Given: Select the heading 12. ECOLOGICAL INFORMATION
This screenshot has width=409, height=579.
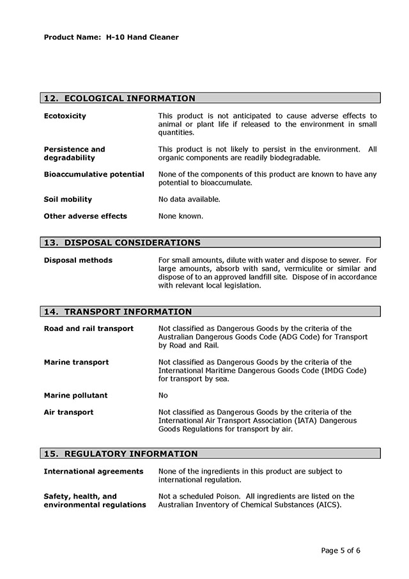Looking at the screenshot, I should coord(120,98).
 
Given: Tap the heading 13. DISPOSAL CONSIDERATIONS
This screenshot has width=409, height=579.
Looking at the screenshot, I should coord(122,243).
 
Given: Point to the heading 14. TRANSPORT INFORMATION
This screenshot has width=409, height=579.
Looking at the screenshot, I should coord(118,312).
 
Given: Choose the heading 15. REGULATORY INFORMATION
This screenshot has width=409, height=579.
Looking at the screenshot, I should coord(121,454).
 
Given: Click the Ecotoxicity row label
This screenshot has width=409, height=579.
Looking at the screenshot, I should coord(65,116).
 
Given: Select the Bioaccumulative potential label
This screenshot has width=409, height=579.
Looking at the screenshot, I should coord(94,174).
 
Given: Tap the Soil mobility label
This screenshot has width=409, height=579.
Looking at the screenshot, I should coord(68,199).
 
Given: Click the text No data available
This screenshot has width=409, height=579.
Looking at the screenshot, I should coord(189,199).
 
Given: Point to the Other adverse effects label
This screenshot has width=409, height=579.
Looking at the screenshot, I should coord(85,216).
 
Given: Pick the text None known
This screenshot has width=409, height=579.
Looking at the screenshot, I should coord(181,216).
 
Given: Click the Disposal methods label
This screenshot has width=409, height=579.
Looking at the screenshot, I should coord(78,260).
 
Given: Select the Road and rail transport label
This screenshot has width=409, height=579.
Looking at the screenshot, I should coord(88,328).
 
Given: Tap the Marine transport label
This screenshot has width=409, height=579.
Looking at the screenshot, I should coord(76,362).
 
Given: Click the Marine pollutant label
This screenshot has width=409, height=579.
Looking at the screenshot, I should coord(75,395).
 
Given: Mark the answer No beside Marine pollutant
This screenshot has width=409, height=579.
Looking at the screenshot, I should coord(163,395).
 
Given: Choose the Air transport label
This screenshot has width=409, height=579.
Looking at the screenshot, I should coord(68,412).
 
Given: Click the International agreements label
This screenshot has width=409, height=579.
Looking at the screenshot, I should coord(93,471).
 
